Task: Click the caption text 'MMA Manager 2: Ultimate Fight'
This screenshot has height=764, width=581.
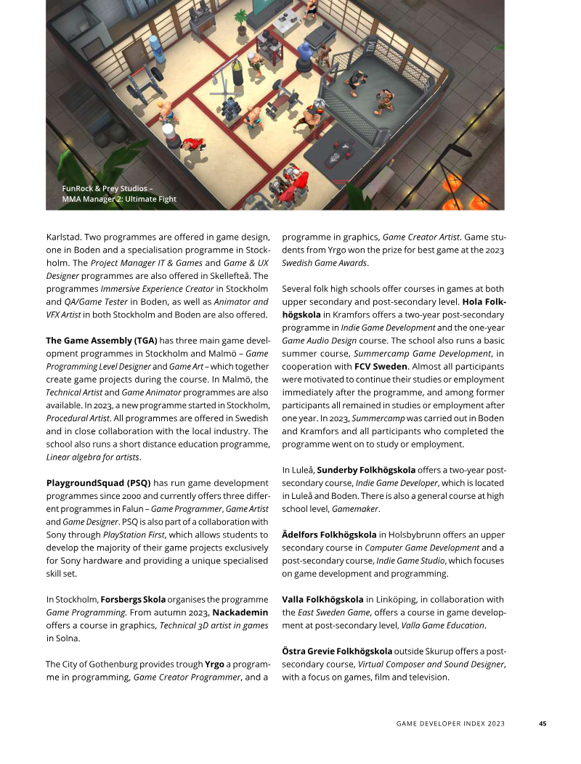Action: click(x=118, y=199)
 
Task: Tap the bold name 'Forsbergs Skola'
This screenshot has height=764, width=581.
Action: click(x=134, y=599)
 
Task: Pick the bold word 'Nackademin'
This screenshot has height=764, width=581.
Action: click(x=241, y=612)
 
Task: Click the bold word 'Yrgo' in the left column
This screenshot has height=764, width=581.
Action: click(x=214, y=664)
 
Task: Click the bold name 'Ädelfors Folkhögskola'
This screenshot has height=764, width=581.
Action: click(x=329, y=535)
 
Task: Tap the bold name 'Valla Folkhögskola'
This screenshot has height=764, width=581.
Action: click(x=322, y=599)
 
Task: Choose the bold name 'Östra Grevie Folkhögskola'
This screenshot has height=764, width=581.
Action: click(x=337, y=651)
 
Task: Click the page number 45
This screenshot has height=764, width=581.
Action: click(x=542, y=723)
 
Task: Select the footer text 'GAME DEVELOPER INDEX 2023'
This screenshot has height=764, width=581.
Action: click(x=450, y=723)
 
